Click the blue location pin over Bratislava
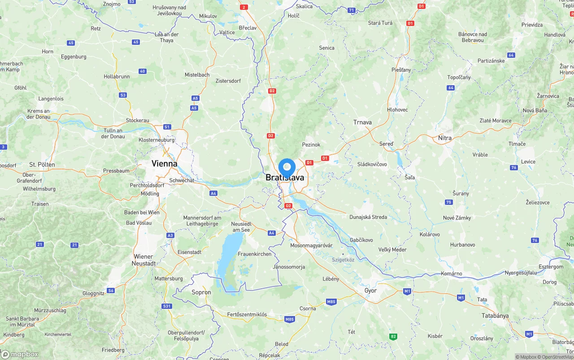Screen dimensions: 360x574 click(287, 168)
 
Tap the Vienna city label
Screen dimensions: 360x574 click(164, 164)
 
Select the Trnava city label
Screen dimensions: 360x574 click(362, 122)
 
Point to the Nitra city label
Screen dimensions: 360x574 click(445, 138)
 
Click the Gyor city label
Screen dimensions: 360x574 click(370, 291)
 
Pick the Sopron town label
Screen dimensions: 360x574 click(201, 292)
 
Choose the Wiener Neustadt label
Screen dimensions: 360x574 click(143, 260)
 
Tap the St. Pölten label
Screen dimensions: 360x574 click(42, 165)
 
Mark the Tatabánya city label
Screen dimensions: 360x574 click(495, 316)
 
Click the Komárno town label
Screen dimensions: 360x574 click(451, 273)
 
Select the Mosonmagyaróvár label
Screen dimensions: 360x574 click(311, 246)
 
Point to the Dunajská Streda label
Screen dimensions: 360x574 click(368, 217)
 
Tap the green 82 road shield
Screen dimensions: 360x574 click(393, 336)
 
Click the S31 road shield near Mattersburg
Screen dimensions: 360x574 click(167, 306)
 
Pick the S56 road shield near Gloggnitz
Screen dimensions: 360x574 click(111, 291)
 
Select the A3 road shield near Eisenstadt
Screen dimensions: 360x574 click(170, 235)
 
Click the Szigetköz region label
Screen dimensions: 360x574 click(343, 260)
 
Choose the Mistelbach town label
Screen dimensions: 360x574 click(197, 75)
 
